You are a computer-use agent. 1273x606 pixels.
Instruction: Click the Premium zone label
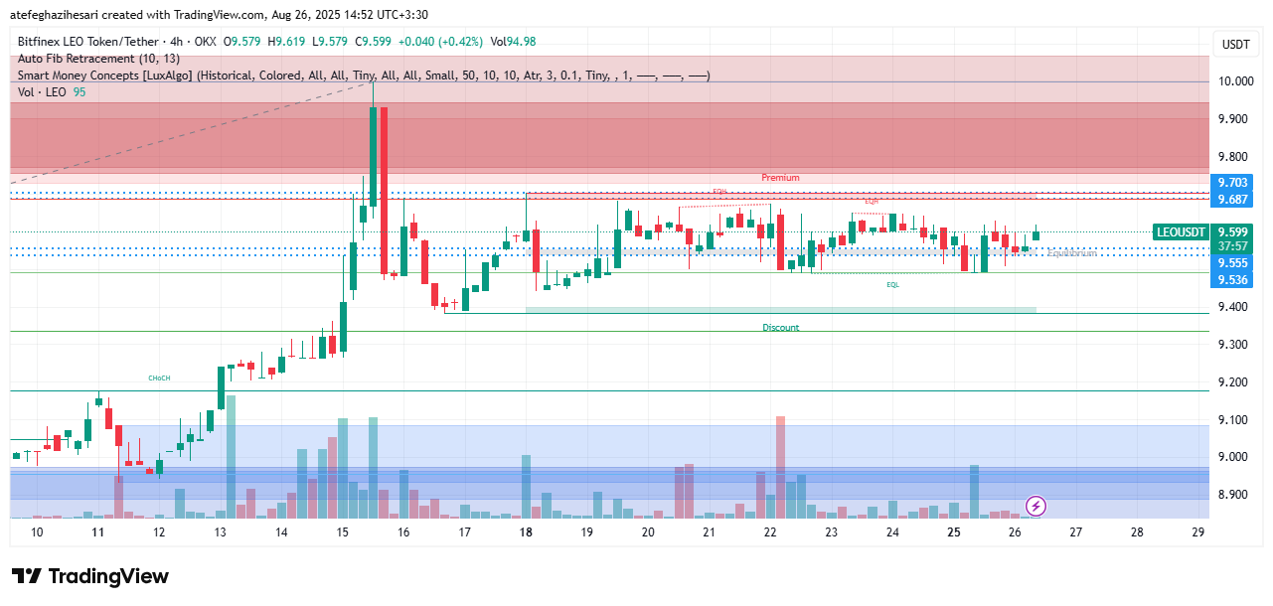coord(780,178)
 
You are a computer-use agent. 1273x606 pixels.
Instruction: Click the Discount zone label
coord(780,328)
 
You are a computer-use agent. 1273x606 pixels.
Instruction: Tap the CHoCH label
coord(159,379)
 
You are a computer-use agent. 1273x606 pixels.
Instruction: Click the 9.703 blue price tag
coord(1232,183)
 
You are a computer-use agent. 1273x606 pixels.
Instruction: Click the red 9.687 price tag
coord(1232,200)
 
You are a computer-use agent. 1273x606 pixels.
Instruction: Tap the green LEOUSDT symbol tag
coord(1181,231)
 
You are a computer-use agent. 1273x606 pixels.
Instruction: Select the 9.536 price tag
coord(1232,280)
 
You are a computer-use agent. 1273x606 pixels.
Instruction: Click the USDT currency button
coord(1235,45)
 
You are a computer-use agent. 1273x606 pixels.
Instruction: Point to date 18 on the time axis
coord(526,532)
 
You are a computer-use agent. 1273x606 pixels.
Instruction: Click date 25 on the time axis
coord(953,532)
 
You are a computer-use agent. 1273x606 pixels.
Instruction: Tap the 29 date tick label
coord(1197,532)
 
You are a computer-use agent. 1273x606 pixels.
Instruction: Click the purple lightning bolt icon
coord(1035,507)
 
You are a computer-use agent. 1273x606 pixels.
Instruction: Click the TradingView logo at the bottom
coord(90,577)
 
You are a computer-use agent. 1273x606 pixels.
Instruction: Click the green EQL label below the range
coord(892,285)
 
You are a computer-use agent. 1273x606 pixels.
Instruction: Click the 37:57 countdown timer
coord(1232,246)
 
